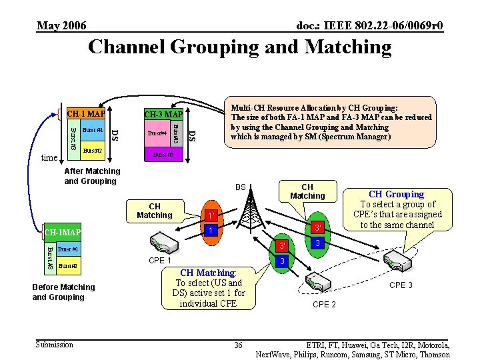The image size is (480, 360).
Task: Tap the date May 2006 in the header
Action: pos(61,26)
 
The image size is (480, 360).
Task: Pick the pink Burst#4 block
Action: pos(157,133)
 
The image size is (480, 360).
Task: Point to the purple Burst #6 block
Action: pos(163,155)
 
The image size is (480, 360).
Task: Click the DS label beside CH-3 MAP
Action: pos(192,135)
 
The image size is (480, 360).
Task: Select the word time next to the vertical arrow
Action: pos(49,157)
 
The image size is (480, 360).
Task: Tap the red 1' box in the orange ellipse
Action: pos(210,216)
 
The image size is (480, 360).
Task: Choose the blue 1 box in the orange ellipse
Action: pos(210,230)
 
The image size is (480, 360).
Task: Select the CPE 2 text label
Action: pos(324,305)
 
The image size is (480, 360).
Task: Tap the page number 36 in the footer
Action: pos(238,345)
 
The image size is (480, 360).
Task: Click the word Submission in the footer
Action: pos(54,344)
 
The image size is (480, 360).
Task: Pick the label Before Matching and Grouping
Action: pos(63,292)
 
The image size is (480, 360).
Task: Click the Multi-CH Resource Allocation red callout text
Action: pos(331,122)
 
